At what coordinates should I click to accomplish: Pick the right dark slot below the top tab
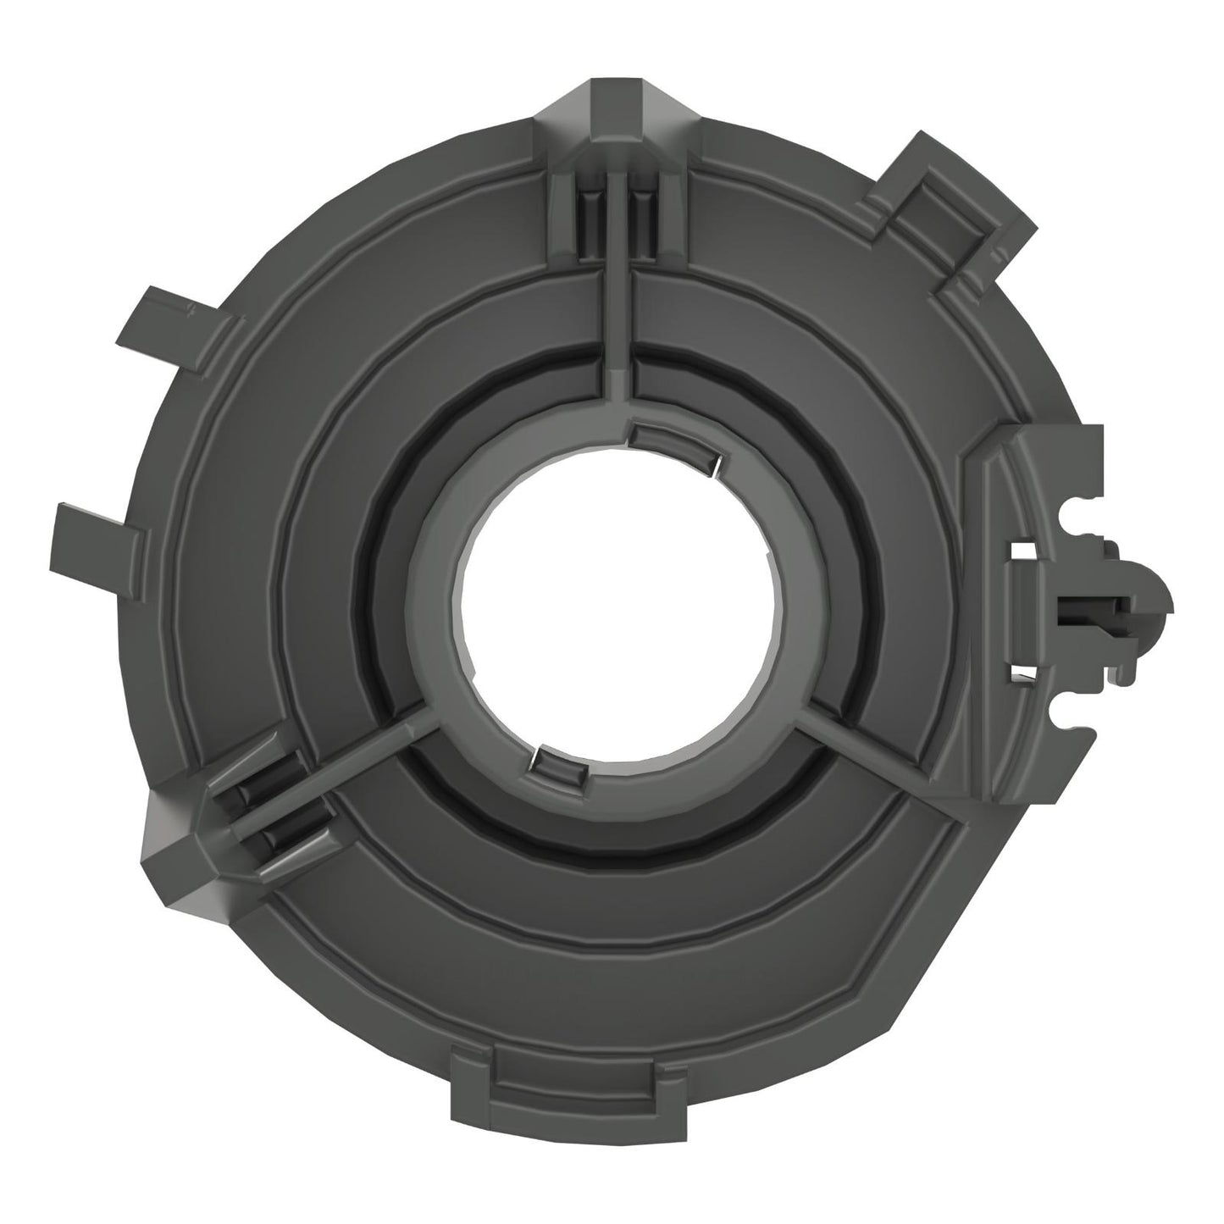click(640, 216)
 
